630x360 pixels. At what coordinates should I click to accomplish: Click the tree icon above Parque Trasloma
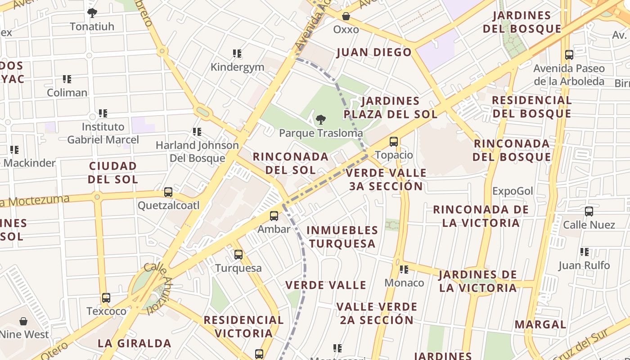pyautogui.click(x=320, y=120)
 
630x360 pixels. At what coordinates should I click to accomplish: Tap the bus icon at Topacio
pyautogui.click(x=394, y=142)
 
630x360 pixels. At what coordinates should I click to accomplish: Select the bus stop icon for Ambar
pyautogui.click(x=274, y=216)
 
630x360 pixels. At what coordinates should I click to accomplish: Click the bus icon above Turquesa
pyautogui.click(x=238, y=255)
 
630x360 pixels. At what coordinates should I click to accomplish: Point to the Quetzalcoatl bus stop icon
pyautogui.click(x=168, y=192)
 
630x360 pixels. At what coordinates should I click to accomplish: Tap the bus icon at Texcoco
pyautogui.click(x=106, y=298)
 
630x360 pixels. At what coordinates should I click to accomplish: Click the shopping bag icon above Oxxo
pyautogui.click(x=346, y=16)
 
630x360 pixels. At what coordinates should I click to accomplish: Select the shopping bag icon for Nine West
pyautogui.click(x=23, y=321)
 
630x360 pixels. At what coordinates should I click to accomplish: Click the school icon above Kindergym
pyautogui.click(x=237, y=54)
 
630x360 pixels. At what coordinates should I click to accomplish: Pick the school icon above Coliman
pyautogui.click(x=67, y=79)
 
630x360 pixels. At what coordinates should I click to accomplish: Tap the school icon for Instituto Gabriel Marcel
pyautogui.click(x=103, y=113)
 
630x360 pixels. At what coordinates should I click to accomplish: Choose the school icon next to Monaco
pyautogui.click(x=404, y=270)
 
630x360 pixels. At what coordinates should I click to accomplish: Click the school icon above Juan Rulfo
pyautogui.click(x=585, y=252)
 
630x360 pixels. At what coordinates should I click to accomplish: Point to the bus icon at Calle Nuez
pyautogui.click(x=589, y=211)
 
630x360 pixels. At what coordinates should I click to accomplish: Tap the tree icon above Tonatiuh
pyautogui.click(x=92, y=13)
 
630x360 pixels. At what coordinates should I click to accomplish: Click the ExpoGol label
pyautogui.click(x=513, y=191)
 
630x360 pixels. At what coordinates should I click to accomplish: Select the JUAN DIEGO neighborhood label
pyautogui.click(x=374, y=53)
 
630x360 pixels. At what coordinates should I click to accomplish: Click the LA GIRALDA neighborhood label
pyautogui.click(x=135, y=343)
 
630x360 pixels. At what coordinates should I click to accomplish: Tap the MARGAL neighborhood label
pyautogui.click(x=540, y=324)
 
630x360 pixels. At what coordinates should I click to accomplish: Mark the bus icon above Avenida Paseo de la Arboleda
pyautogui.click(x=569, y=55)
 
